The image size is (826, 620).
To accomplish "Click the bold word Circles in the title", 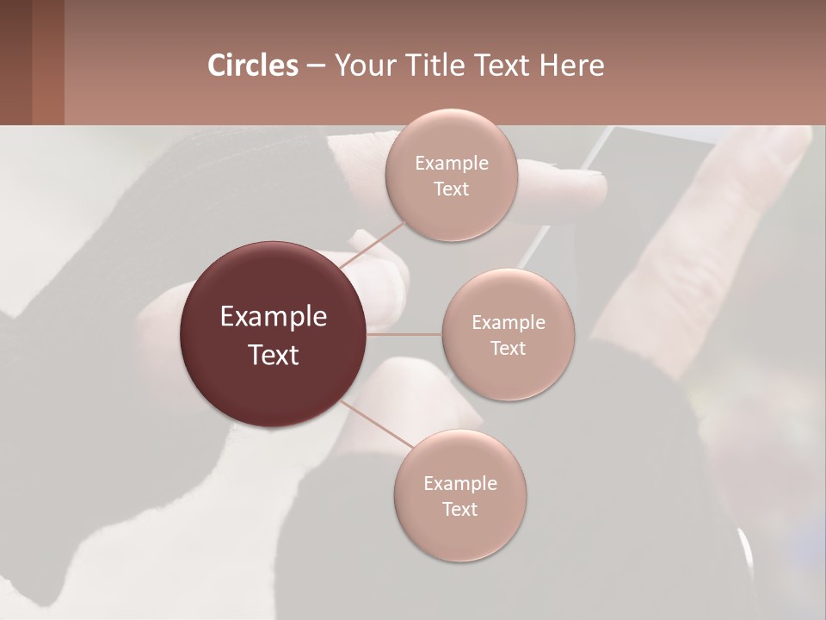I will [253, 65].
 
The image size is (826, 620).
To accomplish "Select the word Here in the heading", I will [571, 65].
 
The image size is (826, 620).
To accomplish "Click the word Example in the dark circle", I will [274, 317].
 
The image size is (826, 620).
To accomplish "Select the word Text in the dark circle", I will [274, 355].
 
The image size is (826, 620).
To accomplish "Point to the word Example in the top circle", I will [452, 164].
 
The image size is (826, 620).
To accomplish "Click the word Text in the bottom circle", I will [459, 509].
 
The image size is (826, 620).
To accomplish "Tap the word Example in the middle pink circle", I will [509, 323].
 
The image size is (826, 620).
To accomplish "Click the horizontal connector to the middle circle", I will [404, 334].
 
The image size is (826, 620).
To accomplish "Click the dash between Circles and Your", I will [316, 65].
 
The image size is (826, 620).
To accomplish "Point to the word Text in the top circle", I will [451, 189].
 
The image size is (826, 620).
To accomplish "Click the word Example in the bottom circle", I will [460, 484].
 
